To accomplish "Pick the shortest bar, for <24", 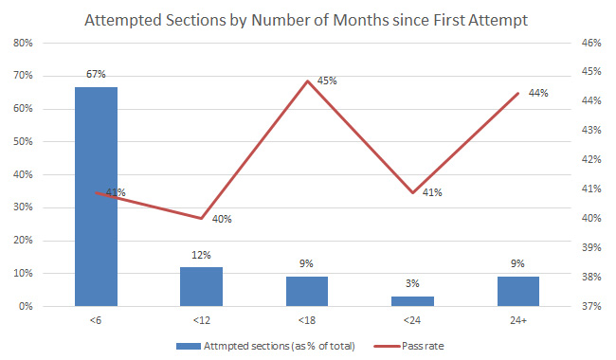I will [x=412, y=301].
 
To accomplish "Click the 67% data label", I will [x=97, y=74].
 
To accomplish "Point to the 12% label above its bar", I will [x=202, y=255].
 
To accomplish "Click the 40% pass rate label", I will [x=222, y=220].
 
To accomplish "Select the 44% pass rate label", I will [x=538, y=93].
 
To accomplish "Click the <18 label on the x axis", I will [x=307, y=320].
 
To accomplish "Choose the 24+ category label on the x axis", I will [x=518, y=320].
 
